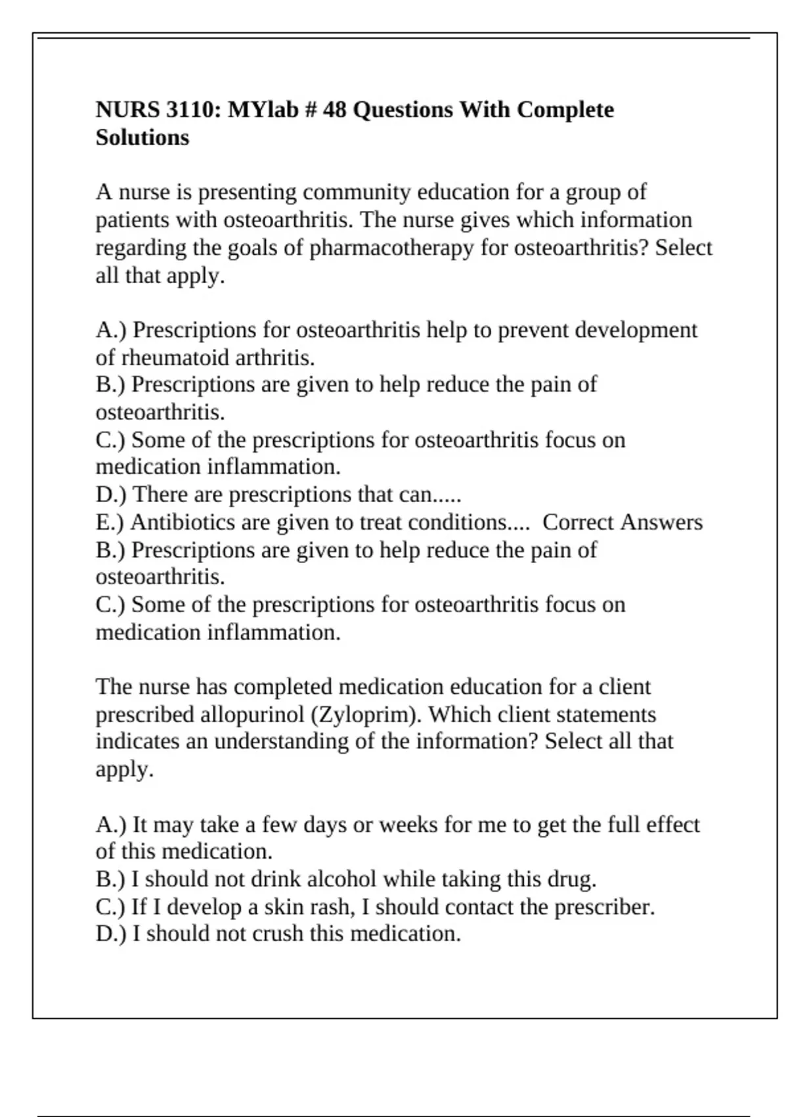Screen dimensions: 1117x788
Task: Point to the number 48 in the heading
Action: [334, 109]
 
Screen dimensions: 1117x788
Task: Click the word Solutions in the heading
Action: [142, 137]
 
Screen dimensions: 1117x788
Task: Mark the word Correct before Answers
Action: [578, 522]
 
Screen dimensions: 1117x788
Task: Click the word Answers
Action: [661, 522]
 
